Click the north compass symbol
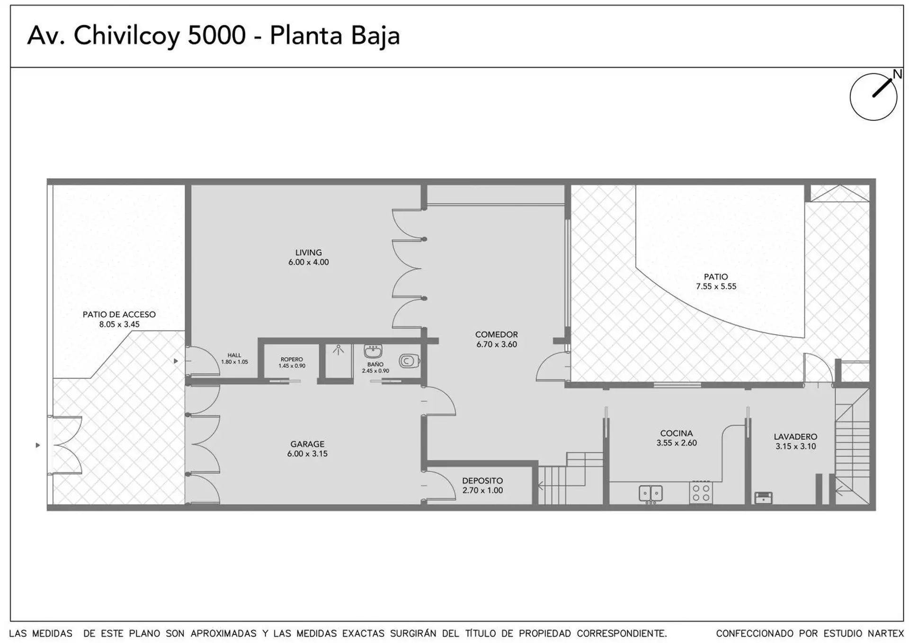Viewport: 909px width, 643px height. pos(873,97)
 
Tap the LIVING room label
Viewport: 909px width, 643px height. pos(308,253)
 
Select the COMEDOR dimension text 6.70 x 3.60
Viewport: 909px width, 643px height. pos(497,344)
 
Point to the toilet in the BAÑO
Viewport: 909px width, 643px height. pos(409,361)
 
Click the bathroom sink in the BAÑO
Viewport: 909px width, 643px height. pos(373,351)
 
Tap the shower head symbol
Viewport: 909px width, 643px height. pos(338,350)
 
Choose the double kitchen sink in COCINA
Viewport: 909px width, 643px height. pos(651,493)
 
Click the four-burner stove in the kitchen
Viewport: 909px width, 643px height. pos(701,492)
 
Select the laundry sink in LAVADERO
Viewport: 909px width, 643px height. pos(763,497)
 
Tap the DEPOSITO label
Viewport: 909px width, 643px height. pos(482,481)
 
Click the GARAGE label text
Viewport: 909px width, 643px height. pos(307,444)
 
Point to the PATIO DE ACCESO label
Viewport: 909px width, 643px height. pos(119,314)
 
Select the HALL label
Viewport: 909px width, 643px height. pos(234,355)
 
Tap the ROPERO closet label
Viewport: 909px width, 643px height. pos(292,360)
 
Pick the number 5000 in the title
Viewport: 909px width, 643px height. pos(217,35)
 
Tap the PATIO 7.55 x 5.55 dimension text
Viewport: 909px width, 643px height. pos(716,286)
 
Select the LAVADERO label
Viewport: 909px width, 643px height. pos(795,437)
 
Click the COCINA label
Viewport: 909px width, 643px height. pos(677,433)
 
